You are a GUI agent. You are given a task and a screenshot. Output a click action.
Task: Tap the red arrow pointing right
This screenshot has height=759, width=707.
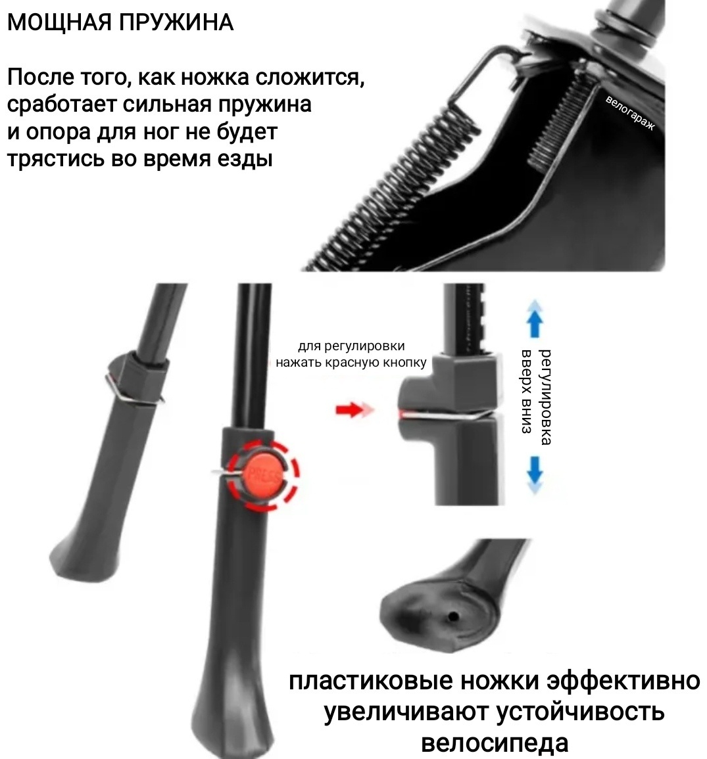click(354, 410)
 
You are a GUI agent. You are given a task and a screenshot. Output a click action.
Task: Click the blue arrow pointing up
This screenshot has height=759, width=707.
click(534, 319)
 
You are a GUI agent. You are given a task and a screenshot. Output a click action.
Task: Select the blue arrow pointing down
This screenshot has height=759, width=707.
click(534, 475)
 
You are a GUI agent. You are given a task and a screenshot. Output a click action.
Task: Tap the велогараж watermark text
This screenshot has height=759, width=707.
click(630, 113)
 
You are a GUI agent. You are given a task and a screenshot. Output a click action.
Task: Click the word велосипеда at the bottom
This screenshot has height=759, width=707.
click(495, 743)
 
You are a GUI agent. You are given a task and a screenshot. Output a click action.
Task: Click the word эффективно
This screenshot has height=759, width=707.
click(623, 681)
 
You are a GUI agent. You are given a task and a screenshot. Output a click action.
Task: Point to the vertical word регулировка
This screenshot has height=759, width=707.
click(546, 396)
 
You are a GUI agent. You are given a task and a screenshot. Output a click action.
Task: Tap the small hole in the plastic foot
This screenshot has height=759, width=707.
click(453, 616)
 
